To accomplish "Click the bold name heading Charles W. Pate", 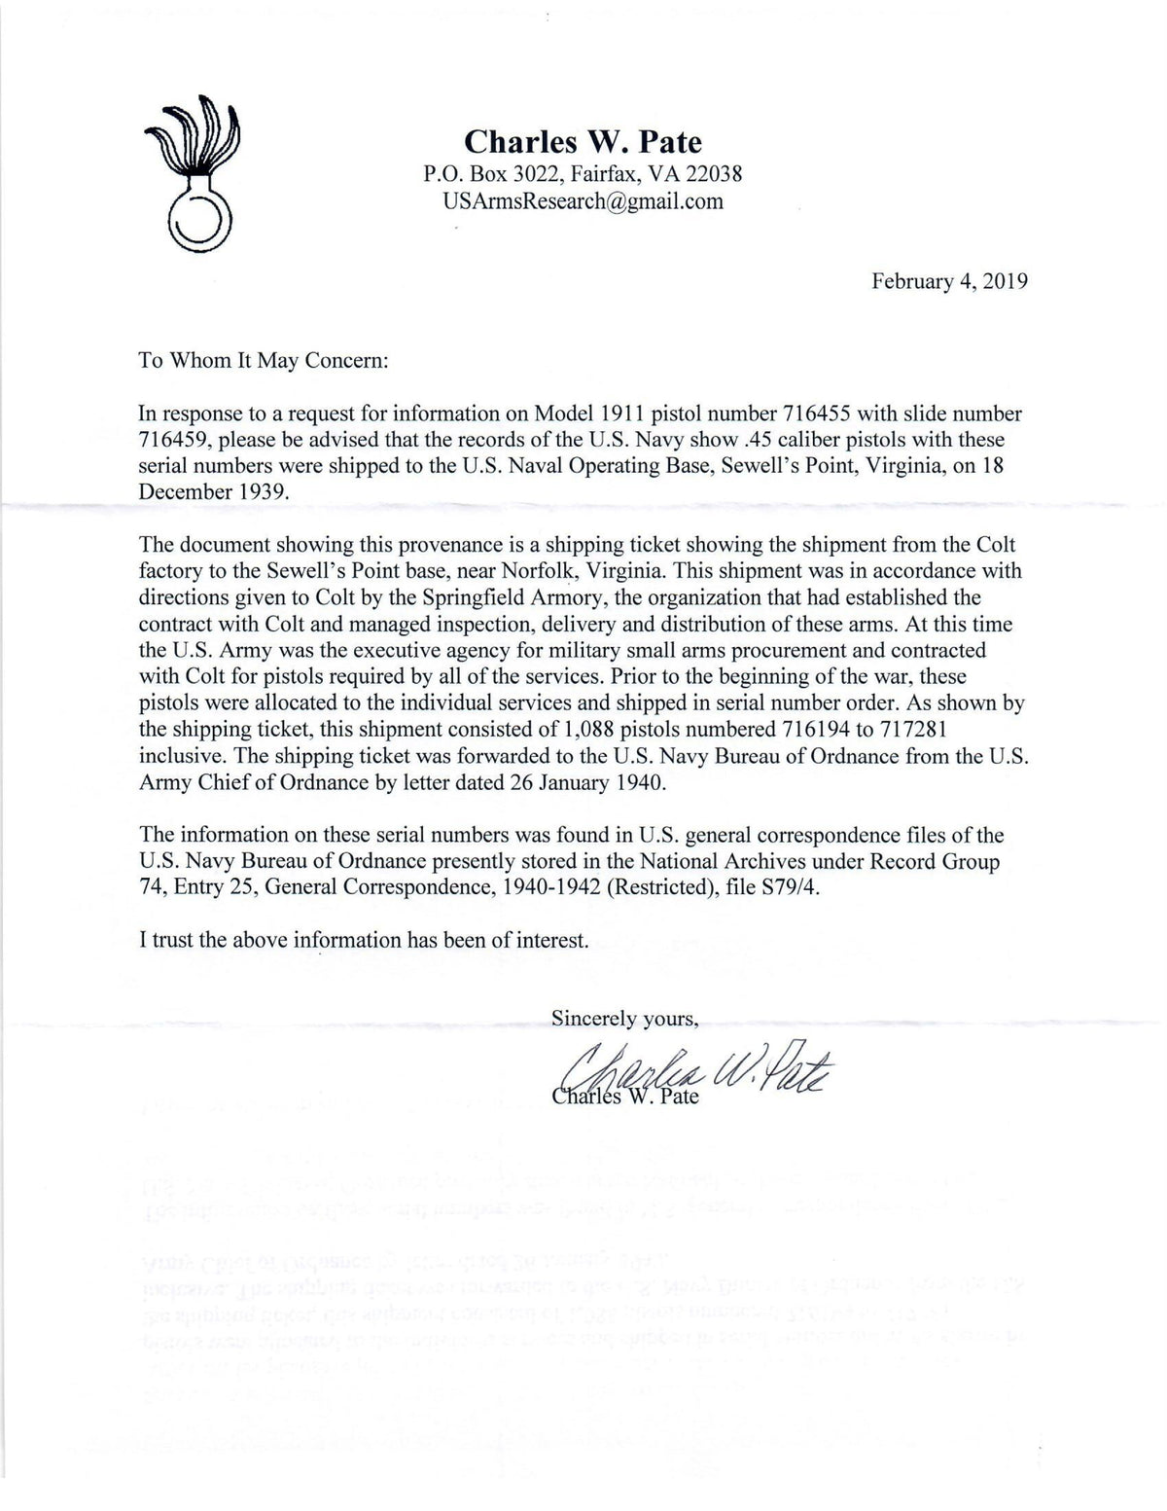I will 583,142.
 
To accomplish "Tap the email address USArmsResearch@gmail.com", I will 583,201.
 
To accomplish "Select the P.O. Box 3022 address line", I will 583,175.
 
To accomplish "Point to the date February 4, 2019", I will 949,281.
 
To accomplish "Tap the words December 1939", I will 215,490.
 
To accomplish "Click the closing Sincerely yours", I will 624,1019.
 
